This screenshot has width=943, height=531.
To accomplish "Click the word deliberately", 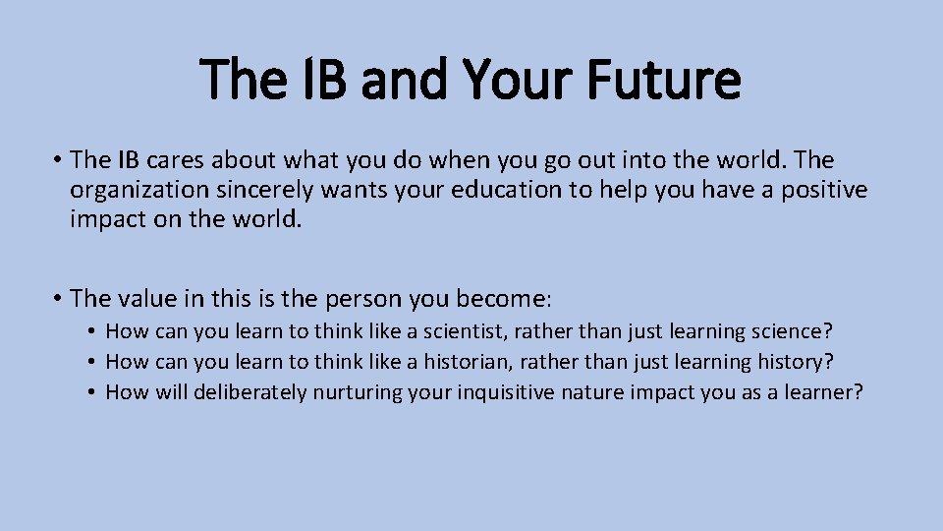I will pos(250,392).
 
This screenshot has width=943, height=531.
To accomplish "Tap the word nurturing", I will pos(356,392).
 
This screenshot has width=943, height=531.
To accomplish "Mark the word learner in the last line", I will pos(823,392).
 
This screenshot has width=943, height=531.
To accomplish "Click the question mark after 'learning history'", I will pos(829,362).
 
